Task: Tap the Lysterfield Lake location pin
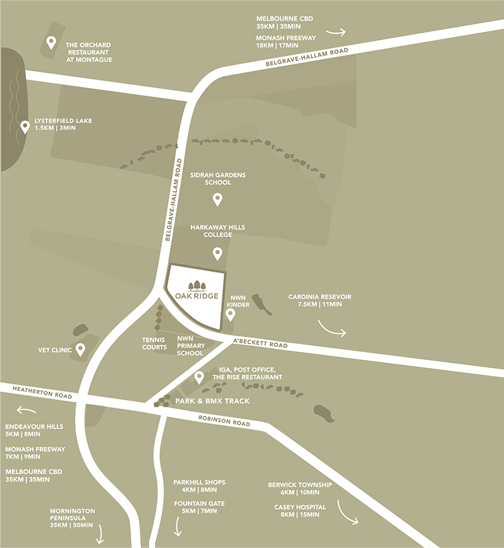click(x=25, y=127)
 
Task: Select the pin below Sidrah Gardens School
click(x=217, y=199)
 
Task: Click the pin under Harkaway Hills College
click(x=217, y=254)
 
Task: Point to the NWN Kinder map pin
click(x=231, y=315)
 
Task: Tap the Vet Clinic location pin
click(x=81, y=350)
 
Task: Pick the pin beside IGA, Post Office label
click(x=199, y=377)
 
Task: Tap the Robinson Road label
click(x=224, y=423)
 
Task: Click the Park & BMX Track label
click(x=213, y=401)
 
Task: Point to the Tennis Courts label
click(x=154, y=343)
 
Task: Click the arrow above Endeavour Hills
click(x=27, y=410)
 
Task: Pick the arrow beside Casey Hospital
click(x=348, y=512)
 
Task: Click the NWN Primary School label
click(x=190, y=345)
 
